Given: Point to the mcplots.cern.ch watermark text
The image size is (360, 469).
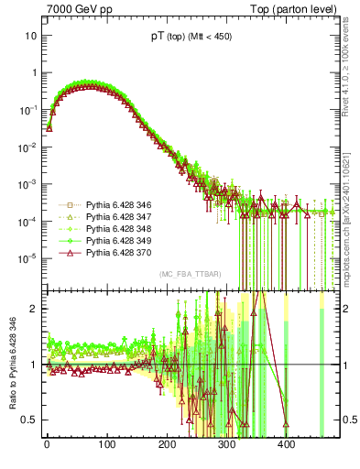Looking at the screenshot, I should coord(350,211).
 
